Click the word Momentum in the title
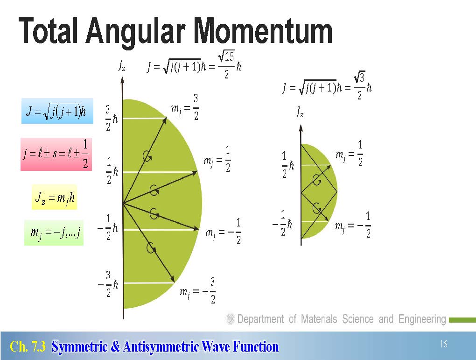(x=263, y=31)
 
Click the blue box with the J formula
(x=57, y=111)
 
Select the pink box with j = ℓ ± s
(x=56, y=155)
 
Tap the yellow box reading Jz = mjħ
(x=54, y=197)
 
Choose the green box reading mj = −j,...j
(x=54, y=233)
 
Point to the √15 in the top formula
(x=226, y=56)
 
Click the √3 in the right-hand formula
(x=359, y=78)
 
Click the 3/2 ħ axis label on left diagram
(x=112, y=118)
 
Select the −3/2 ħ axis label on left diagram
(x=108, y=284)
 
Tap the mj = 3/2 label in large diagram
(x=185, y=107)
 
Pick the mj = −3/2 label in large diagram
(x=197, y=291)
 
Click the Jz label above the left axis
(x=122, y=65)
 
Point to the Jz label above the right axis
(x=300, y=112)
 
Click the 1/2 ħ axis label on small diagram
(x=288, y=165)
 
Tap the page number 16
(x=443, y=344)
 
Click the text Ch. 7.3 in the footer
(x=28, y=346)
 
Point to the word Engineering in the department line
(x=422, y=319)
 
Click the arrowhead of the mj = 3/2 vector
(x=165, y=120)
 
